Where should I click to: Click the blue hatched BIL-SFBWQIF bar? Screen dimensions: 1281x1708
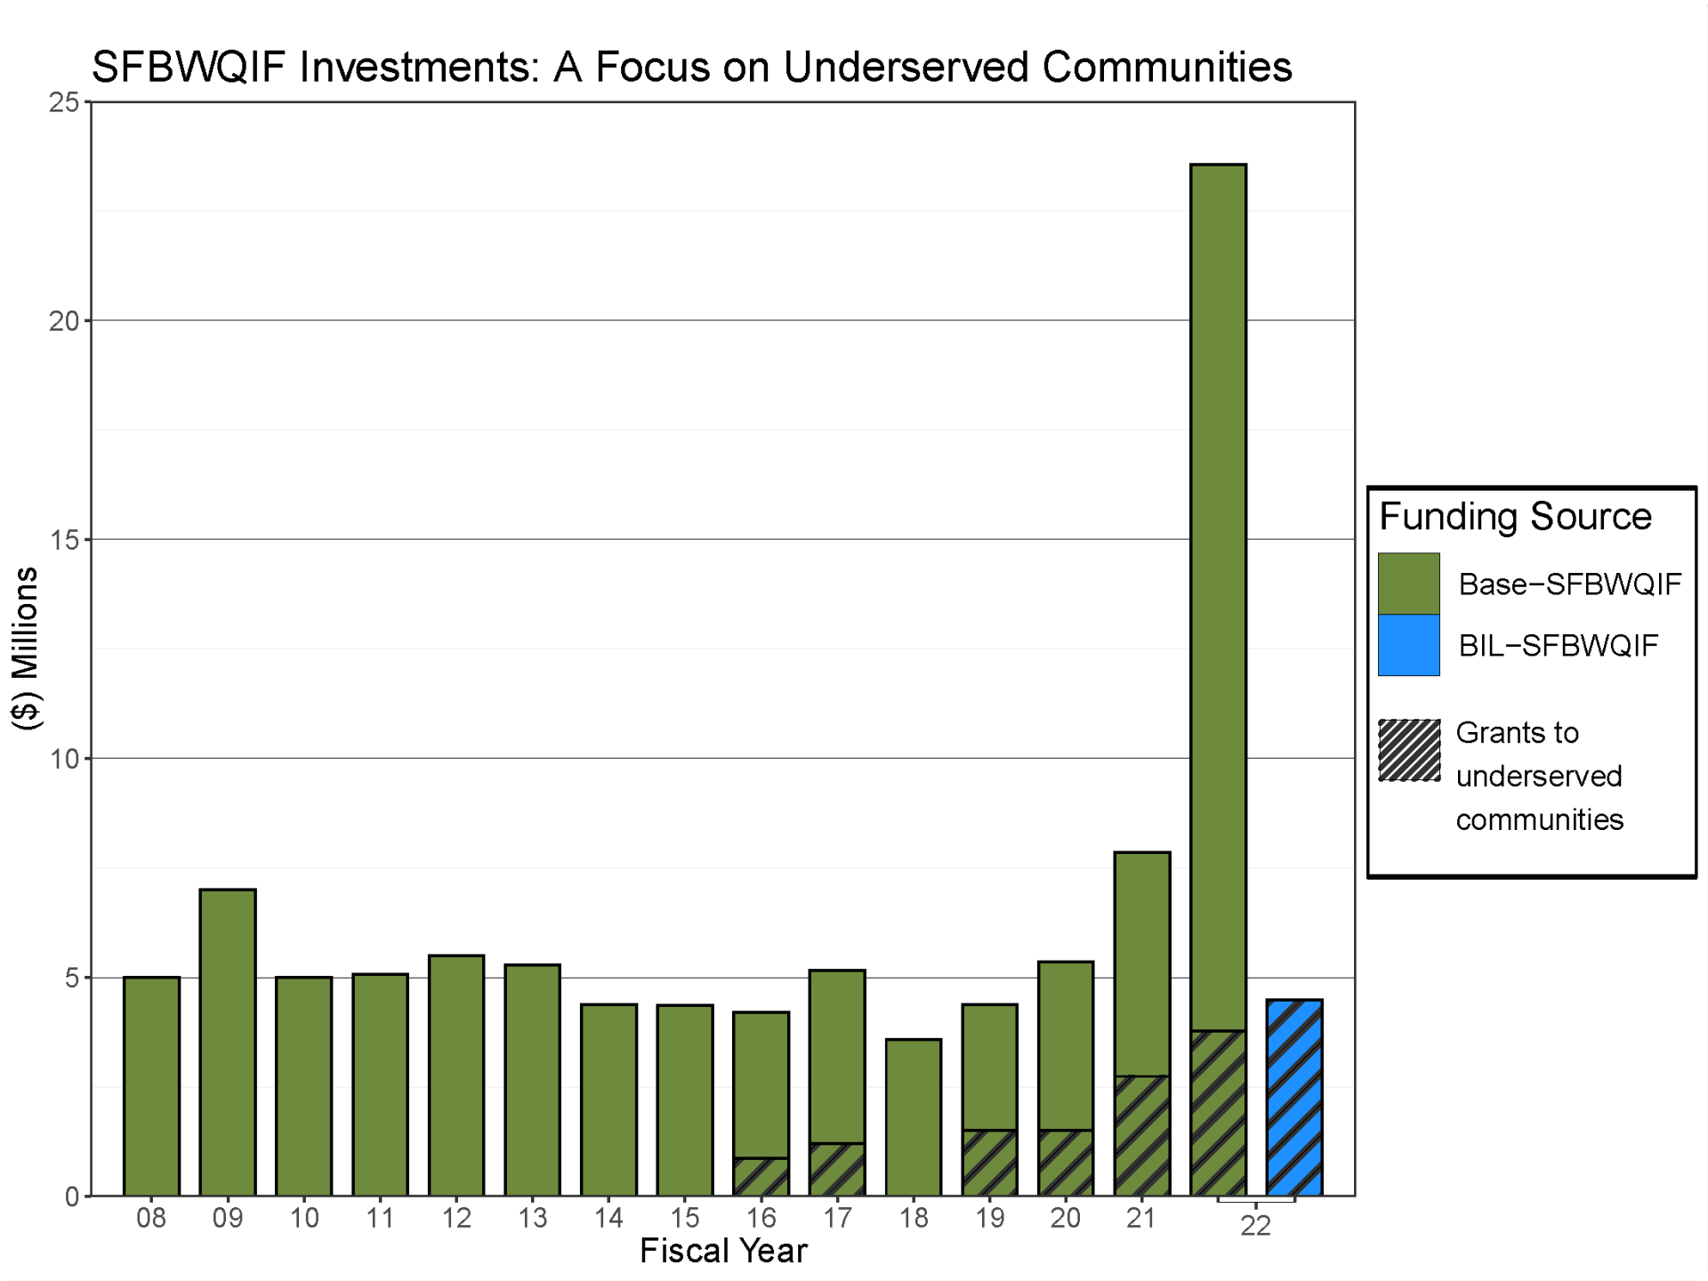(1294, 1098)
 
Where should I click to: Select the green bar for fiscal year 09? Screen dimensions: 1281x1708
(228, 1042)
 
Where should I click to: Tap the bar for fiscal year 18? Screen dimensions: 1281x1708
(914, 1117)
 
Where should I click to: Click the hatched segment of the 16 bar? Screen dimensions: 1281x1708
(761, 1177)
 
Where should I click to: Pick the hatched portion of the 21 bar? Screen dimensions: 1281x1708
(1142, 1136)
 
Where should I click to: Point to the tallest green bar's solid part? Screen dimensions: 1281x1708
(1218, 596)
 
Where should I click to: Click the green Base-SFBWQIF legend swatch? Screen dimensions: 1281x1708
(1408, 584)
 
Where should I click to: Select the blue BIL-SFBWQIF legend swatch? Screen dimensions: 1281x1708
(1408, 645)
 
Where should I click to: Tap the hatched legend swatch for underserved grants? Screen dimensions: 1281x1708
(1409, 750)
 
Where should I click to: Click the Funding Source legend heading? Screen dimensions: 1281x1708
(1515, 517)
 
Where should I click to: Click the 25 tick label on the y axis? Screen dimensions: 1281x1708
(64, 102)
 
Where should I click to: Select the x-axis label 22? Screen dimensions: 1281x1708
(1255, 1226)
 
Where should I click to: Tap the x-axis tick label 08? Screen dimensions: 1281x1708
(151, 1218)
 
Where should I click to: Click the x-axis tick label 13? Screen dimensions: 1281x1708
(532, 1218)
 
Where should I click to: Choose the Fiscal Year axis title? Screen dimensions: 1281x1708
(722, 1251)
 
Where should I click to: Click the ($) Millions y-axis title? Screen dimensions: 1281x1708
(26, 648)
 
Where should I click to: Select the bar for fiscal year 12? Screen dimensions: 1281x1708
(456, 1076)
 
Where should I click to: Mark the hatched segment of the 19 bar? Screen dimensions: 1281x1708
(989, 1163)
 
